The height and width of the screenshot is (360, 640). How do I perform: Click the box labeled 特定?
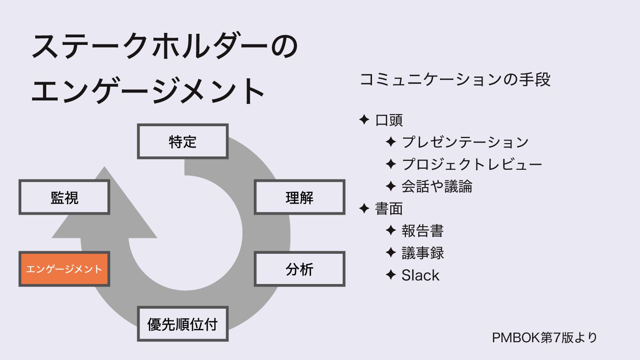coord(183,141)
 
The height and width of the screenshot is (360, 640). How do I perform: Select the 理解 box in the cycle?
coord(300,197)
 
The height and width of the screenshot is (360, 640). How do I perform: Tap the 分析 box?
coord(300,269)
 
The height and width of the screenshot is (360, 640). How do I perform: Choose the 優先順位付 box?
coord(183,324)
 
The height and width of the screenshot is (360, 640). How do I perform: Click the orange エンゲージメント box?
coord(64,269)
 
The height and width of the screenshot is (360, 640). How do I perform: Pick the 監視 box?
coord(64,197)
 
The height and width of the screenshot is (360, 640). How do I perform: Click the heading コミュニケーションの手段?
coord(455,80)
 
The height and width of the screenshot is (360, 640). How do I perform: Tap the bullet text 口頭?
coord(389,120)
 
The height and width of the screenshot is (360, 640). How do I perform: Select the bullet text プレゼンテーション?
coord(465,142)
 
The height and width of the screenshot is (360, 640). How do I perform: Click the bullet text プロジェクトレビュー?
coord(472,164)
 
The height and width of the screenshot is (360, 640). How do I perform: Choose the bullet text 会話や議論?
coord(436,187)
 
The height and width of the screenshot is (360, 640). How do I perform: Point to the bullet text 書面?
coord(389,209)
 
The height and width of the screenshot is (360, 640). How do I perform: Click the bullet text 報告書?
coord(422,231)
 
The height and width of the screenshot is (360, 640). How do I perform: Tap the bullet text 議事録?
coord(422,253)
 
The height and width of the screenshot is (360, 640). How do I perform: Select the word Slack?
coord(420,276)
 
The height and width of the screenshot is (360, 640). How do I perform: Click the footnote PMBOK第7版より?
coord(544,337)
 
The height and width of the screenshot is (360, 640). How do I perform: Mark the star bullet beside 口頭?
coord(364,120)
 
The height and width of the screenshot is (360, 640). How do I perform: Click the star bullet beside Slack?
coord(391,275)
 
